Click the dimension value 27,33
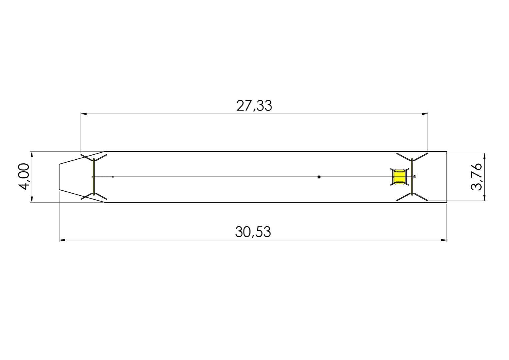pyautogui.click(x=254, y=106)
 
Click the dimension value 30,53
pyautogui.click(x=253, y=232)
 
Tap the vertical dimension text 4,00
pyautogui.click(x=24, y=176)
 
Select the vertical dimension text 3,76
pyautogui.click(x=476, y=176)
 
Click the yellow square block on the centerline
pyautogui.click(x=399, y=177)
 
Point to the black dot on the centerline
pyautogui.click(x=319, y=177)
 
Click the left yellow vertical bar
pyautogui.click(x=94, y=177)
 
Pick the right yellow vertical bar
pyautogui.click(x=412, y=177)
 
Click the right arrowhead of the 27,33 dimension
pyautogui.click(x=425, y=114)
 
